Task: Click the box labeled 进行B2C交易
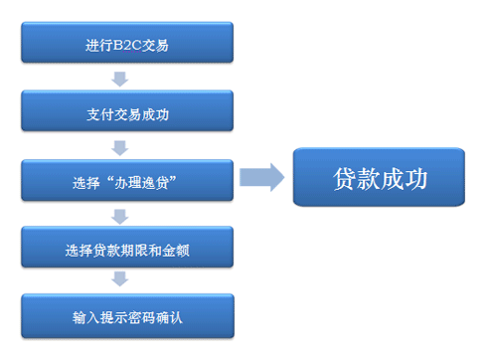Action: (x=127, y=45)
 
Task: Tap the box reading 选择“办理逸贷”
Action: (x=127, y=182)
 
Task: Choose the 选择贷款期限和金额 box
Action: (x=127, y=250)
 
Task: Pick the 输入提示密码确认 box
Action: (x=127, y=317)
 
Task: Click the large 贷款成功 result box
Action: (x=379, y=177)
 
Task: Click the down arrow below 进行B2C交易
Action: (x=121, y=79)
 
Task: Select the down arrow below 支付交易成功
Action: (x=121, y=147)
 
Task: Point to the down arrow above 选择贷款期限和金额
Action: (x=121, y=216)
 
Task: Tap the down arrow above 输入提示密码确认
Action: (x=121, y=283)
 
